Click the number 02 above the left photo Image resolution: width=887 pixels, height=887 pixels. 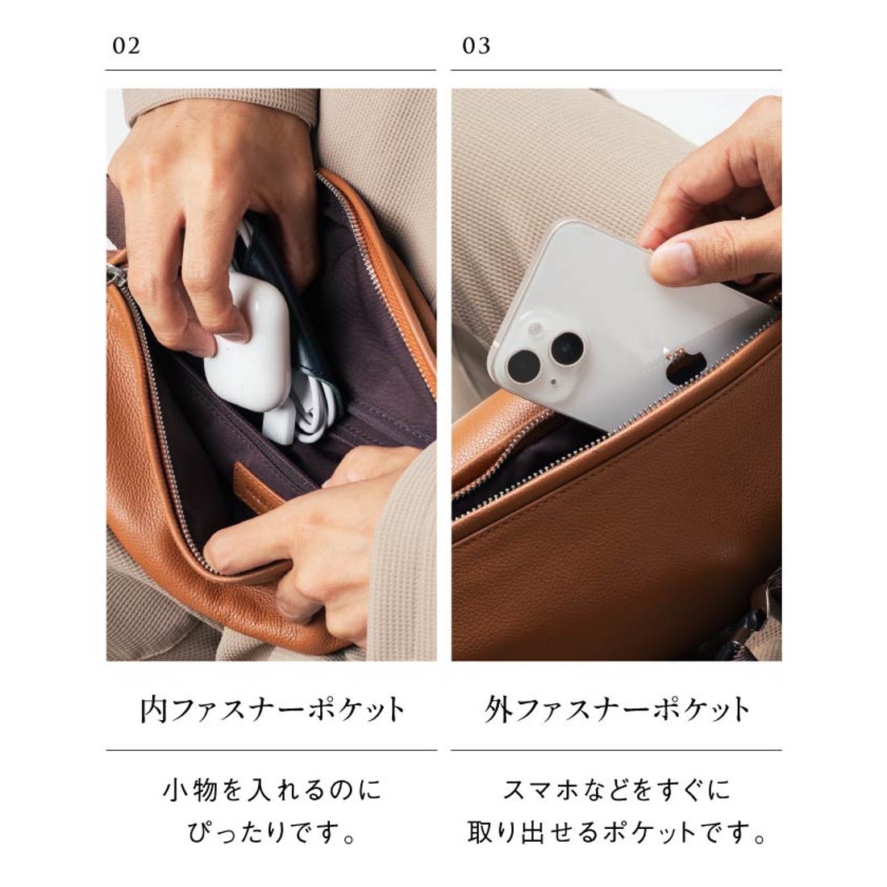pos(127,46)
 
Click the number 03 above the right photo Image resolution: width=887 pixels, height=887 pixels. pos(477,46)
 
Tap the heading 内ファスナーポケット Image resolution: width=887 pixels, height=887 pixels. pos(272,710)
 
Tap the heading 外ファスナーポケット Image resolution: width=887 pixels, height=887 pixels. pos(617,710)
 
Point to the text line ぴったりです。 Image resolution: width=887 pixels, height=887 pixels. pos(272,831)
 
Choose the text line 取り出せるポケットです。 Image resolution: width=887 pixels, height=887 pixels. pos(617,831)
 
